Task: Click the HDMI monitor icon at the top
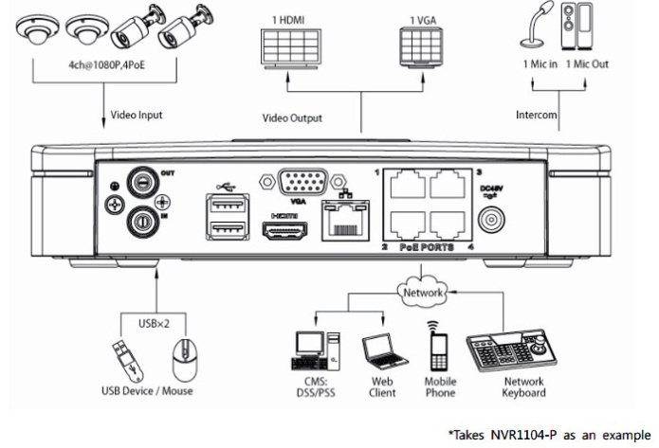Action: tap(292, 46)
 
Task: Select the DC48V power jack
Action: tap(491, 220)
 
